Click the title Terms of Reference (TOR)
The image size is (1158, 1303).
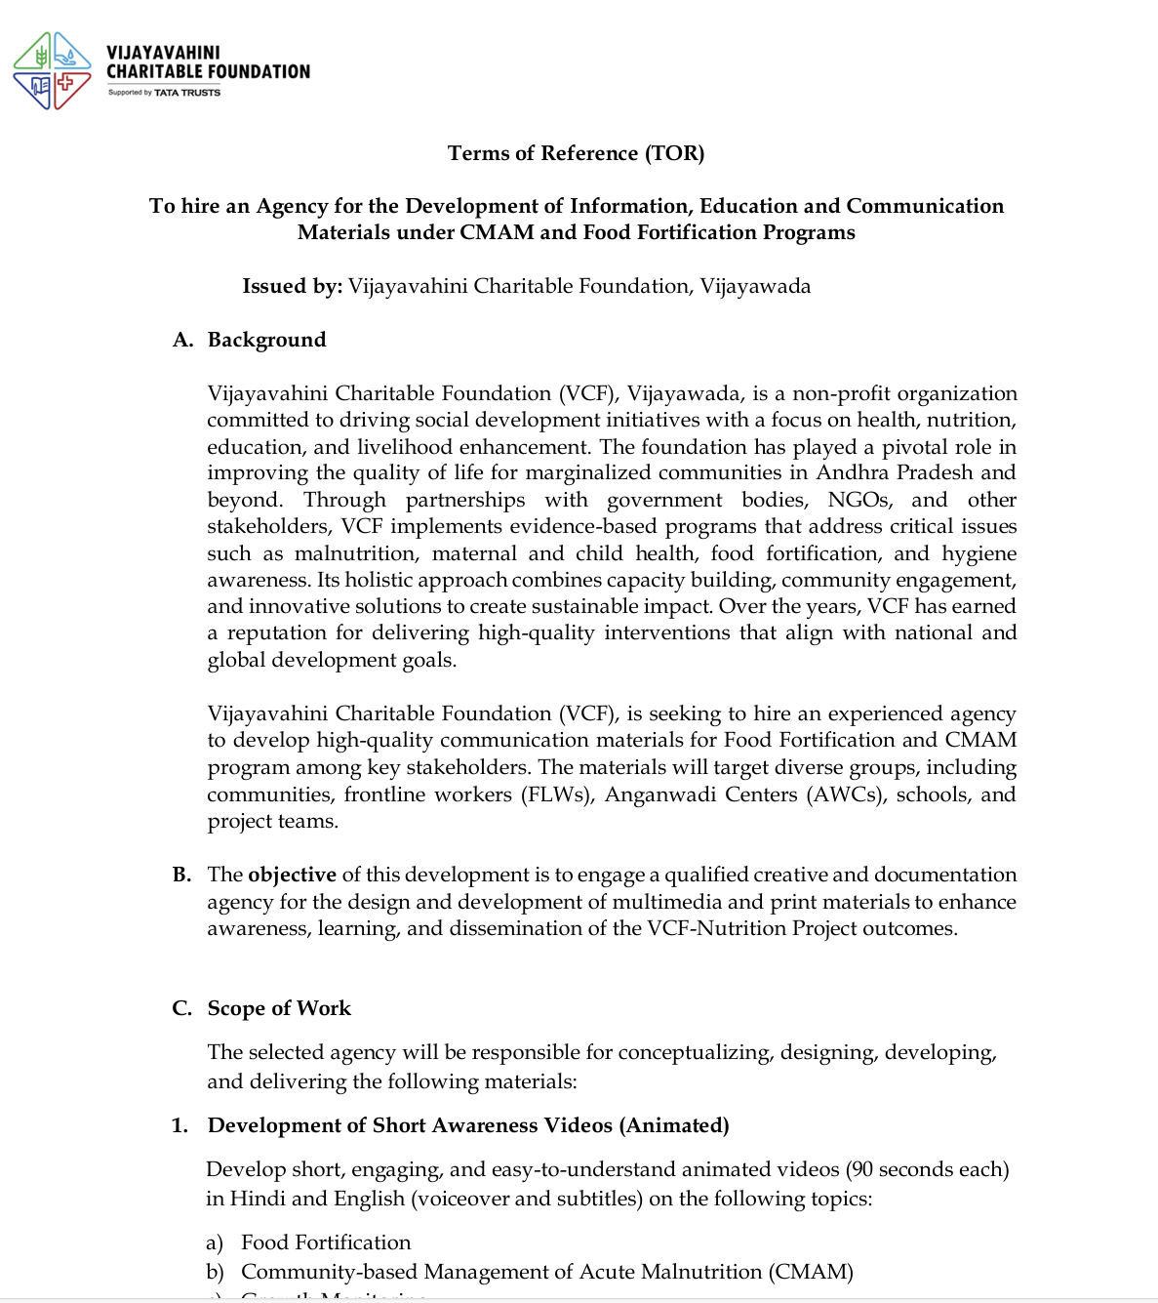(x=576, y=153)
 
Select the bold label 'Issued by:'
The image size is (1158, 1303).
(x=292, y=286)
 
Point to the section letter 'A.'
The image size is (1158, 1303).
(x=182, y=340)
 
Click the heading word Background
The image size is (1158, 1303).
(x=266, y=340)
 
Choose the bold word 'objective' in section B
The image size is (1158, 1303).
(x=292, y=875)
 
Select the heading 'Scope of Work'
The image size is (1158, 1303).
(x=279, y=1008)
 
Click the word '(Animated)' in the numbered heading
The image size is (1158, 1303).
(x=674, y=1125)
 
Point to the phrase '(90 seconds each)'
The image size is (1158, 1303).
(x=927, y=1169)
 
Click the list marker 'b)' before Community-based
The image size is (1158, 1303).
(x=215, y=1272)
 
